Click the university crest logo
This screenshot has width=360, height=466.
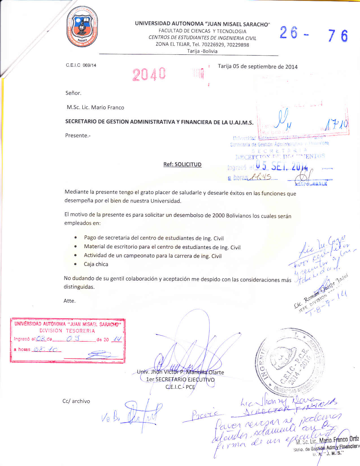click(x=82, y=26)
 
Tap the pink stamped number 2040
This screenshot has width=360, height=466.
click(x=149, y=74)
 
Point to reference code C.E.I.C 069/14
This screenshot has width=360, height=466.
click(x=81, y=65)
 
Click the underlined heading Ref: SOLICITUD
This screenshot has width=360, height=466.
click(x=182, y=164)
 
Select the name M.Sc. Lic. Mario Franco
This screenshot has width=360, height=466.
click(x=96, y=107)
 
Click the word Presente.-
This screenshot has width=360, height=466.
click(x=78, y=135)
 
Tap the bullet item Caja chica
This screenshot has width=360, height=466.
click(x=96, y=264)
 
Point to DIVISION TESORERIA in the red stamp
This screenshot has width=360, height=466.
click(x=67, y=331)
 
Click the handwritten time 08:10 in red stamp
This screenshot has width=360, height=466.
click(x=45, y=350)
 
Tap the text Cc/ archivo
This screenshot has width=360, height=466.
click(x=76, y=401)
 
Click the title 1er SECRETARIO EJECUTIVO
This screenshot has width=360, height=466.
click(x=180, y=380)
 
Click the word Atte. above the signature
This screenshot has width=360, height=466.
click(x=70, y=301)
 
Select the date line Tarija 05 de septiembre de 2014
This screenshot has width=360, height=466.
click(x=257, y=67)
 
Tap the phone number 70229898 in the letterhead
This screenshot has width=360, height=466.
click(x=238, y=45)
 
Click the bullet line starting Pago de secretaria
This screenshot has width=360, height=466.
click(x=154, y=238)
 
